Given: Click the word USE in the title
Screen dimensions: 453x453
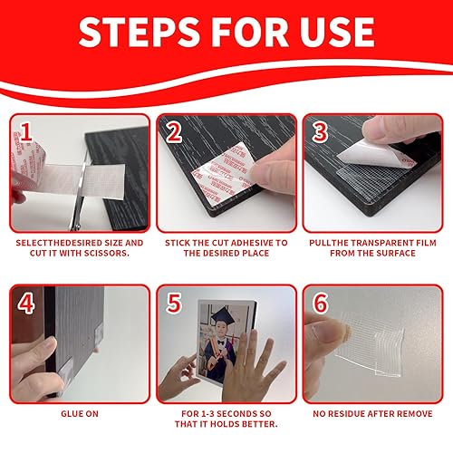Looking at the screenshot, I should (x=333, y=33).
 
